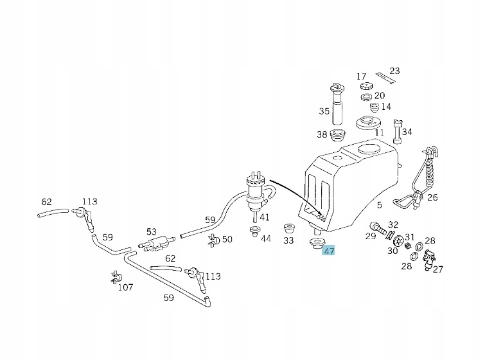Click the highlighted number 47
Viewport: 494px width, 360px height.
[x=329, y=251]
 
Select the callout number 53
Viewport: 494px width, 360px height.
[x=152, y=231]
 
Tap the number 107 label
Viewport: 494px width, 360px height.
[x=125, y=287]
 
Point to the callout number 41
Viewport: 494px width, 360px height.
[x=265, y=218]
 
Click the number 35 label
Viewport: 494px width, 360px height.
[x=324, y=111]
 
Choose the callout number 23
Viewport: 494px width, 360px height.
[x=394, y=71]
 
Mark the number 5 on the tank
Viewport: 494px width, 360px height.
[x=380, y=205]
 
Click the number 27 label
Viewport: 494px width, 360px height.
[x=437, y=269]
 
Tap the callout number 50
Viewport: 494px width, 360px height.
[x=227, y=239]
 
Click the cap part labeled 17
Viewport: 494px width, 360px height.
[x=367, y=86]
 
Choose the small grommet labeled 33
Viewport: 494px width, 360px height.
[x=289, y=229]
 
